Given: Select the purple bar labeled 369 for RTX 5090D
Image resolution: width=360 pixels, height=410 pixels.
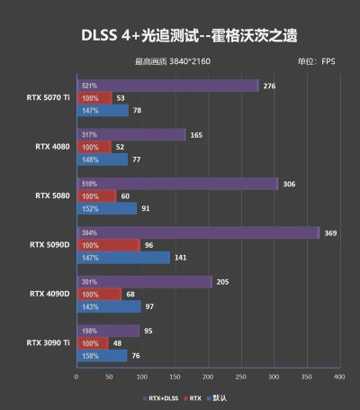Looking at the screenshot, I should pos(198,232).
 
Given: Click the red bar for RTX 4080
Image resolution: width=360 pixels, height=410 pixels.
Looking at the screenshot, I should pos(94,147).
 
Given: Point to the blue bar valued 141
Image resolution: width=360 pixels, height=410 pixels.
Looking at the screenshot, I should pos(123,257).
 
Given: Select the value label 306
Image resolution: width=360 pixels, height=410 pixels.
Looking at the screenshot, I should pos(289,184).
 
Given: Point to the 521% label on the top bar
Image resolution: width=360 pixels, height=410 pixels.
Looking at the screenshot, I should pos(89,86).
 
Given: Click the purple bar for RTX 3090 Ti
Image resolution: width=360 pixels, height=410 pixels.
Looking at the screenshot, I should pos(108,331).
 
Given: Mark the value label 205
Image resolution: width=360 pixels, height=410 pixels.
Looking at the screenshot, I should pos(223,282).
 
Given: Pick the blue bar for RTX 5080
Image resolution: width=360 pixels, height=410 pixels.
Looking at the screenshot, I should pos(107,208).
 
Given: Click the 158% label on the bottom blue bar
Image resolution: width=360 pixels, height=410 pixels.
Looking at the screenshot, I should pos(89,355).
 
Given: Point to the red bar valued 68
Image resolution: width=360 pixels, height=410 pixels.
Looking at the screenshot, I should pos(100,294).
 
